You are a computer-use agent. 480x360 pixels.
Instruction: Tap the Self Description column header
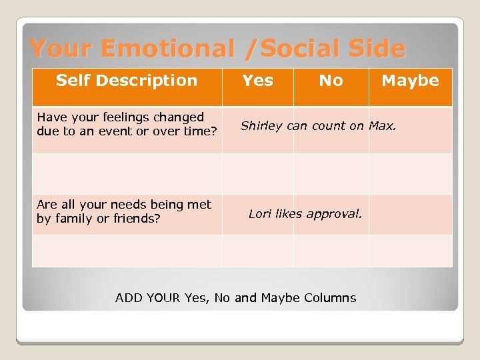pos(127,81)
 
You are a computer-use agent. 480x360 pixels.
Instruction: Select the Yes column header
pos(257,81)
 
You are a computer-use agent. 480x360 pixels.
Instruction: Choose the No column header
pos(331,81)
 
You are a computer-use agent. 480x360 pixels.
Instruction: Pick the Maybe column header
pos(410,81)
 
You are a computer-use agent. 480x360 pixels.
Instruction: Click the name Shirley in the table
pos(261,126)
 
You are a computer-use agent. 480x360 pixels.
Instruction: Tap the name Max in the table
pos(383,125)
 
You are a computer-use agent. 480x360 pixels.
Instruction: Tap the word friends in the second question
pos(137,218)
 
